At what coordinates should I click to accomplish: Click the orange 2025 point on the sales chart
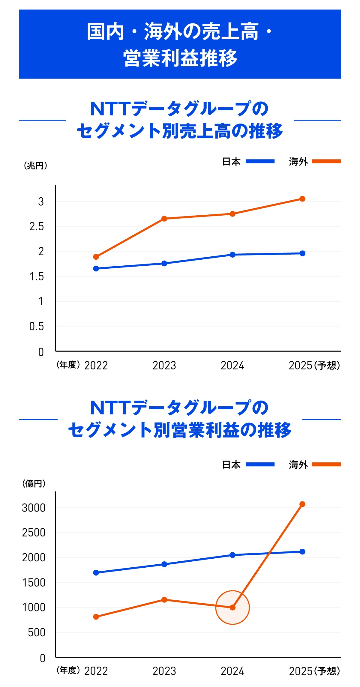point(302,199)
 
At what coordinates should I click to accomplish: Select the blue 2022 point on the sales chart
point(96,269)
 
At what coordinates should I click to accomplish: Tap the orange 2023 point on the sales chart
point(164,219)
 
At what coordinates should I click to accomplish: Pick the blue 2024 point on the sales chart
point(232,255)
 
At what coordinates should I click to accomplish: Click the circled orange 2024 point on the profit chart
point(232,608)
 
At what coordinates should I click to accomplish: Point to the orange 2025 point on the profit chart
point(302,504)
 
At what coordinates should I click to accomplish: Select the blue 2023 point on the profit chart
point(164,564)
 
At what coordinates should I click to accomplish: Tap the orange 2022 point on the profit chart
point(96,617)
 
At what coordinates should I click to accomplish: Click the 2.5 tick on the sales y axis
point(37,227)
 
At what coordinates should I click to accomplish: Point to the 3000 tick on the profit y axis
point(34,508)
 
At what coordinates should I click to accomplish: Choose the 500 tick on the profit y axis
point(37,633)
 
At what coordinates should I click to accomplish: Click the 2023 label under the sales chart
point(164,366)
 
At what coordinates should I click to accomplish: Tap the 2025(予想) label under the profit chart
point(314,671)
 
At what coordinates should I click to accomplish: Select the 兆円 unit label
point(35,166)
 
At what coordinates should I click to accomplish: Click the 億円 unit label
point(34,483)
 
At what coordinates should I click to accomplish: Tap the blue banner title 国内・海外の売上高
point(180,31)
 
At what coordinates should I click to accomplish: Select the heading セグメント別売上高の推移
point(180,131)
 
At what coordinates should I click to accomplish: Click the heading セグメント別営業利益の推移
point(180,430)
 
